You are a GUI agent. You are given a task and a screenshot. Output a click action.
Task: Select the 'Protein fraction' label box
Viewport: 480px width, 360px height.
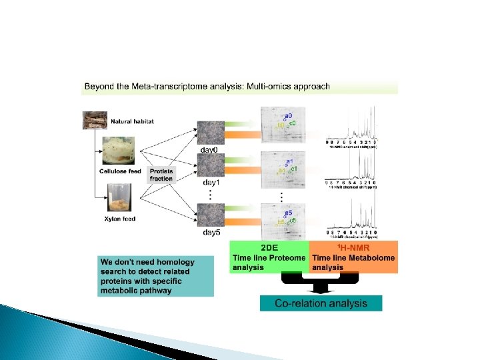click(x=161, y=175)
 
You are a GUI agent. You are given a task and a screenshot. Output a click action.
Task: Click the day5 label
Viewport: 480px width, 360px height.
click(x=211, y=232)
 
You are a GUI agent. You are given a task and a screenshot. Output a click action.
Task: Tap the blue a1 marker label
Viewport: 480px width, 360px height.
click(x=289, y=161)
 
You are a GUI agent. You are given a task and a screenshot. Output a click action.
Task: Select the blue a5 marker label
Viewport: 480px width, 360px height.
click(x=289, y=213)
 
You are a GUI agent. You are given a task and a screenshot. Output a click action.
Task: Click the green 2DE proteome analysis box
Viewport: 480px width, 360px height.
click(x=269, y=257)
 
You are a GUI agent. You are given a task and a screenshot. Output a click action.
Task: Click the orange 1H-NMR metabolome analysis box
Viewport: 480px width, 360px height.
click(x=353, y=257)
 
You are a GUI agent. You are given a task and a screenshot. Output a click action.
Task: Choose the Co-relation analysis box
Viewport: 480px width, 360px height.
click(x=321, y=303)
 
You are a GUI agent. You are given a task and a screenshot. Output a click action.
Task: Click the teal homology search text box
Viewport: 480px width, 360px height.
click(x=155, y=275)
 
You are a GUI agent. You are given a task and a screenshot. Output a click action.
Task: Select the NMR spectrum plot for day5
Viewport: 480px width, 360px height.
click(x=352, y=217)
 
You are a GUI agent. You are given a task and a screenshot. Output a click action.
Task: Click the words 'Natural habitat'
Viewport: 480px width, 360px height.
click(x=132, y=121)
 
